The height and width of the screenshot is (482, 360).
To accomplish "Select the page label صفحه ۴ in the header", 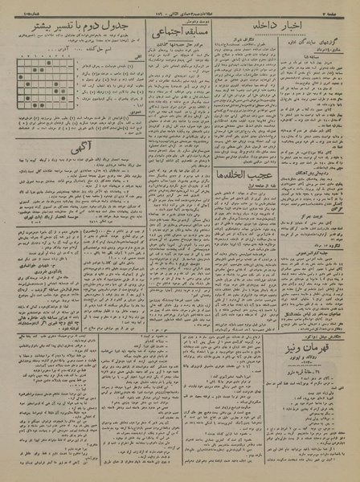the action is (342, 7).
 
